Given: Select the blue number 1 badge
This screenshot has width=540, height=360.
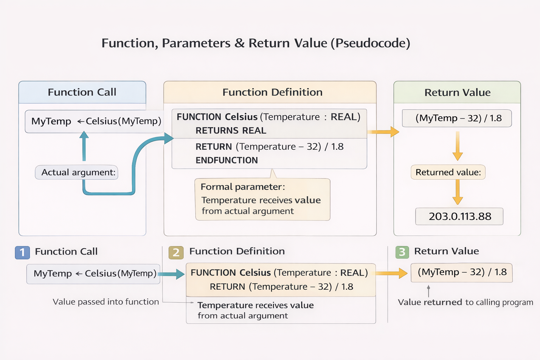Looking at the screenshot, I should click(x=22, y=252).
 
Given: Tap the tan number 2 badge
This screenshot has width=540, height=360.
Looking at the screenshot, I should click(x=176, y=252).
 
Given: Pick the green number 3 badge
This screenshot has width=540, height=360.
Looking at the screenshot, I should click(x=402, y=252).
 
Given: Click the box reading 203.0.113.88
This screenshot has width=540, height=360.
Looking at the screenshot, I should click(x=459, y=217).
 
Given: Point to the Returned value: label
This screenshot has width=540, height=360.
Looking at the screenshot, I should click(x=448, y=172).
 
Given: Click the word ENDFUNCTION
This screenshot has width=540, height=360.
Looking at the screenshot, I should click(x=226, y=160).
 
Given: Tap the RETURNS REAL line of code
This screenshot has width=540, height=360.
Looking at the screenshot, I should click(x=231, y=131).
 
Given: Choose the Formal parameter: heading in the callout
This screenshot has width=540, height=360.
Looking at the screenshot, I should click(x=243, y=187).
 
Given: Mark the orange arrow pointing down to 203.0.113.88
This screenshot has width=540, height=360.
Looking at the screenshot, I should click(x=457, y=192).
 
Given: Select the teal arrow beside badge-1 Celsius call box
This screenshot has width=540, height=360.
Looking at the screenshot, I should click(x=172, y=274).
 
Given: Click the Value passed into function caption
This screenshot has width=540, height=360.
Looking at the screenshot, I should click(x=105, y=302).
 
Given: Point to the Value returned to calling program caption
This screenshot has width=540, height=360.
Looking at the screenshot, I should click(x=465, y=302).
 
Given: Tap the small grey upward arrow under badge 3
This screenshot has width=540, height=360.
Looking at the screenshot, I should click(x=428, y=291).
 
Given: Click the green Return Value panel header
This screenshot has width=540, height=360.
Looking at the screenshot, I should click(x=457, y=92).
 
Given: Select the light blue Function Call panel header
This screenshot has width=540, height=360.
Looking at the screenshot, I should click(x=82, y=92).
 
